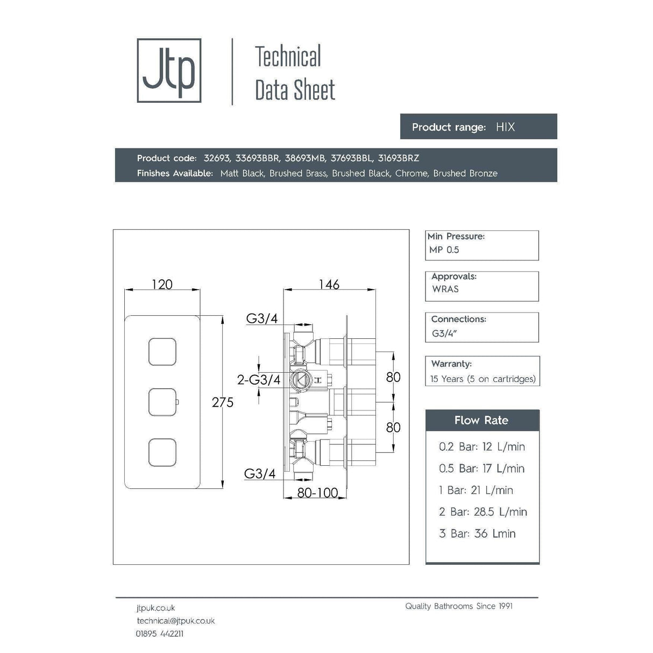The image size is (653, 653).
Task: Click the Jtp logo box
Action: [x=169, y=70]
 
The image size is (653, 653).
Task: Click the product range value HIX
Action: [x=505, y=127]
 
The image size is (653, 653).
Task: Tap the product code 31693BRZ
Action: [x=398, y=158]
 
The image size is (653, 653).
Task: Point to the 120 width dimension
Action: [x=162, y=284]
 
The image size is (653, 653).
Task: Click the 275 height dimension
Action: [x=222, y=402]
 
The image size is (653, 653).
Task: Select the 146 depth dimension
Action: [x=329, y=284]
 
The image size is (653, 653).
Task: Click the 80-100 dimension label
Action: [x=317, y=492]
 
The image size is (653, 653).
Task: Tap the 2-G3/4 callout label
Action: [x=259, y=380]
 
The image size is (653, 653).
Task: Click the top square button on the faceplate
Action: [x=162, y=352]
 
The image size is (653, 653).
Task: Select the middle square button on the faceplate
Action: [x=162, y=402]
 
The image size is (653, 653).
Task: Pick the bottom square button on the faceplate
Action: [x=162, y=452]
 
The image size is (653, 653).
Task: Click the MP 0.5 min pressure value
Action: [x=444, y=250]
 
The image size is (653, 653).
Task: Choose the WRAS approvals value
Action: [x=445, y=289]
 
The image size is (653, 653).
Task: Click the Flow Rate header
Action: [x=481, y=420]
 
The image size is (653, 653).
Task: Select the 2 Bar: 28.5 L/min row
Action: [x=482, y=512]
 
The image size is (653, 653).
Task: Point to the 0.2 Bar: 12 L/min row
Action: [x=481, y=446]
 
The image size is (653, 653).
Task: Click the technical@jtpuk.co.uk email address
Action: [x=176, y=621]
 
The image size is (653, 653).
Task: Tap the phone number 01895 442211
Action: [x=160, y=634]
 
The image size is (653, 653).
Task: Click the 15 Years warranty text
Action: [x=482, y=379]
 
